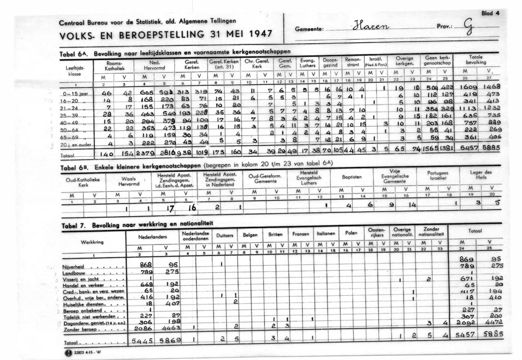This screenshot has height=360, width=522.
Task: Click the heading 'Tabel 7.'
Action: [x=73, y=225]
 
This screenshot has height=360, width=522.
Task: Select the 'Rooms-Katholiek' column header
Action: [x=114, y=66]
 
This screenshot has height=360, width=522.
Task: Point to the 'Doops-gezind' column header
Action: [x=330, y=62]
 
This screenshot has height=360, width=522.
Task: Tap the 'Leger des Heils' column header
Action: [x=480, y=175]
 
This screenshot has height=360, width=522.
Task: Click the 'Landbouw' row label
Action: [x=74, y=272]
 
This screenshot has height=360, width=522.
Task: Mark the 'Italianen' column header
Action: [x=325, y=234]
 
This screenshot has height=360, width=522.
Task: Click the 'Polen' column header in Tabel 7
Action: [x=351, y=234]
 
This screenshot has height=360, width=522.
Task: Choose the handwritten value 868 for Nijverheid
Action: [x=145, y=265]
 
